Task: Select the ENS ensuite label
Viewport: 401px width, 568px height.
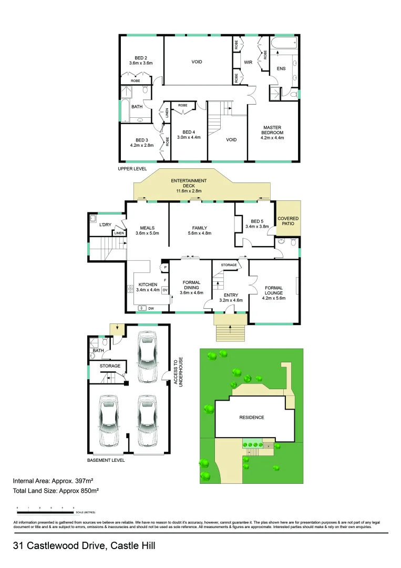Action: (x=281, y=68)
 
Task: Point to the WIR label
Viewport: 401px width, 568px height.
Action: (x=249, y=62)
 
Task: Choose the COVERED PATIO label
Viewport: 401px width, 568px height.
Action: (x=288, y=221)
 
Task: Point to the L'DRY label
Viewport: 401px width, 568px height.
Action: (x=106, y=225)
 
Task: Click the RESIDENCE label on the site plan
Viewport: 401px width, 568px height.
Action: (x=252, y=418)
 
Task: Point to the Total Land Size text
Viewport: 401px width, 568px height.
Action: (x=56, y=491)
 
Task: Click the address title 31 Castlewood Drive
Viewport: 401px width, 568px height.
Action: (x=84, y=546)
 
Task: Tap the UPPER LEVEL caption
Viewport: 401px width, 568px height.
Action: (x=132, y=169)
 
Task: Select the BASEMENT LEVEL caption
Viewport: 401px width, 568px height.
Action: (x=106, y=460)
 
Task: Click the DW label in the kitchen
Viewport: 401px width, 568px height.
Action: (x=151, y=308)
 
